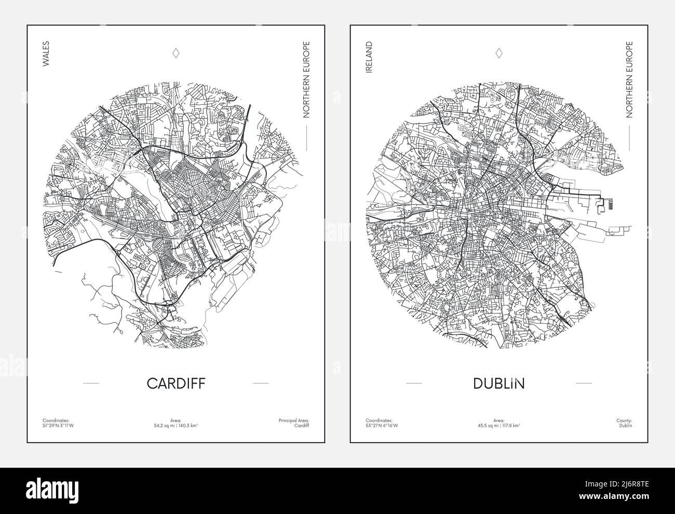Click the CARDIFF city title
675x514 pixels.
pos(176,384)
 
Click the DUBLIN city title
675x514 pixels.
pos(499,384)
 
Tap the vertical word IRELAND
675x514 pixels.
pos(369,58)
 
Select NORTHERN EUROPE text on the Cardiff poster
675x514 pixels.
pos(306,80)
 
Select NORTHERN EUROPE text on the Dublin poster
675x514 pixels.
pos(629,80)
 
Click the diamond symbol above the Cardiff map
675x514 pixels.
pos(176,53)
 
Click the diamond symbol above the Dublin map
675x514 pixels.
pos(499,53)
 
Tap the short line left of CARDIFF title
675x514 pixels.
pos(91,383)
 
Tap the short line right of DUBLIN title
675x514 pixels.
pos(584,383)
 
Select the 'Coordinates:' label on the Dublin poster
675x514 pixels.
pos(379,420)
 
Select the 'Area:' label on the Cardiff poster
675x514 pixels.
pos(176,420)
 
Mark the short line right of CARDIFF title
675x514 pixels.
pos(261,383)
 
